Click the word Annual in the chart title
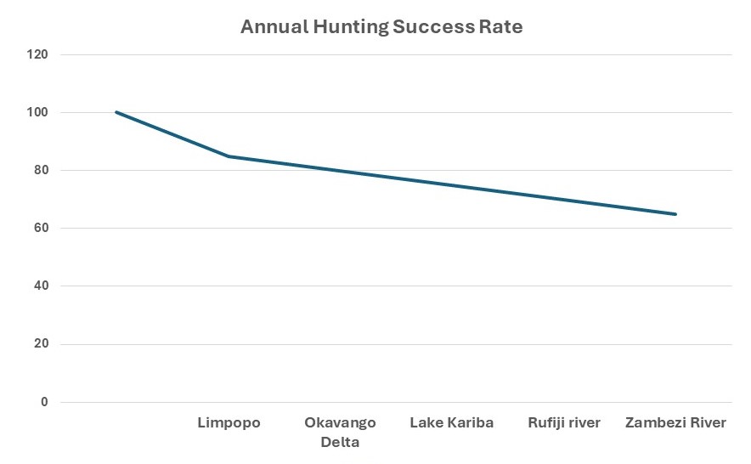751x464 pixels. click(x=271, y=26)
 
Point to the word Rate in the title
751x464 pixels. click(x=502, y=26)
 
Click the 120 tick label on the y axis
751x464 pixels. click(x=38, y=54)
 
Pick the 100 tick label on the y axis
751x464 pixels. click(x=38, y=112)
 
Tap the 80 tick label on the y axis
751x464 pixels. click(x=42, y=170)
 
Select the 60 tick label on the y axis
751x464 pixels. click(x=42, y=228)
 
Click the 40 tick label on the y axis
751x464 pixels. click(x=42, y=286)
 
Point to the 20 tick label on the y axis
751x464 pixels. click(x=42, y=344)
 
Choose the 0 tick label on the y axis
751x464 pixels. click(x=45, y=402)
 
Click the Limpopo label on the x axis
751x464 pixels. click(x=229, y=422)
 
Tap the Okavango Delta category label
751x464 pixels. click(x=340, y=432)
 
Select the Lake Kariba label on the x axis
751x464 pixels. click(x=452, y=422)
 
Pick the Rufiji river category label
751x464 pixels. click(x=564, y=422)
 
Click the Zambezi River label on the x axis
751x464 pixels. click(x=675, y=422)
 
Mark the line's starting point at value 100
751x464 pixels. click(x=116, y=112)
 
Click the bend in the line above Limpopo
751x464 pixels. click(x=229, y=156)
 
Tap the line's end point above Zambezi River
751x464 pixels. click(x=675, y=214)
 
